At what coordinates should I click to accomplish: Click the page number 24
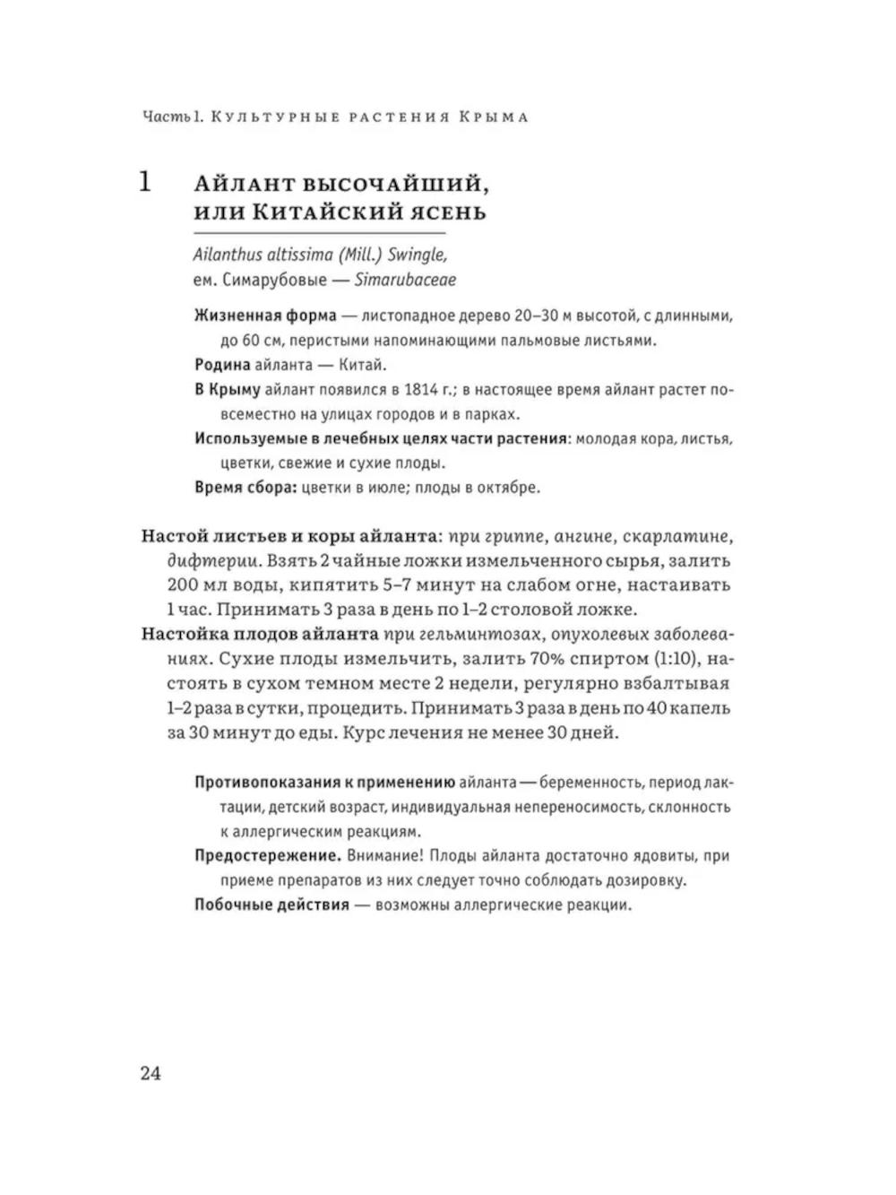(150, 1073)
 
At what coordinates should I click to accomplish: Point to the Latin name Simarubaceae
(405, 280)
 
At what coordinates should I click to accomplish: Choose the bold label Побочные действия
(271, 905)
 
